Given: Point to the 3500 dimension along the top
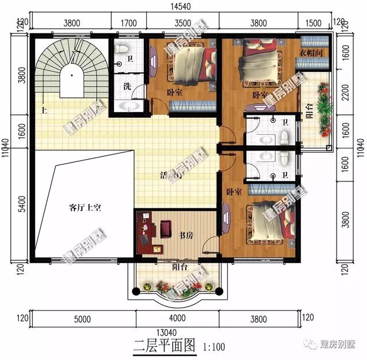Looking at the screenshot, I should click(x=182, y=24).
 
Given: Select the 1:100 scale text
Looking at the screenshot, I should click(x=213, y=346).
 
